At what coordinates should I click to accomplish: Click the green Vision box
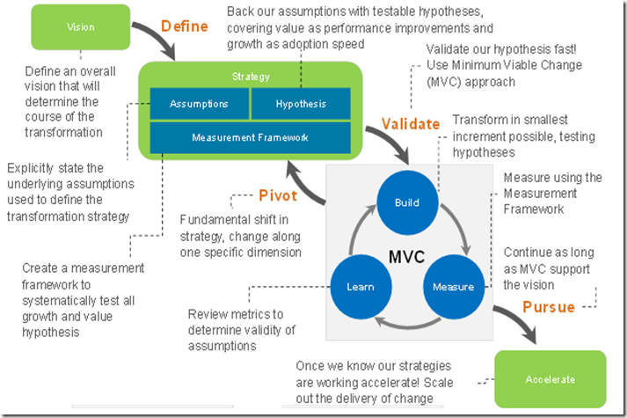(x=80, y=26)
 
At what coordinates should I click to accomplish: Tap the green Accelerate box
(x=550, y=379)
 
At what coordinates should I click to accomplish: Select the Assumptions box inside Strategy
(x=199, y=104)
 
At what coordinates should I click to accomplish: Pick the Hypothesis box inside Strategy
(x=301, y=104)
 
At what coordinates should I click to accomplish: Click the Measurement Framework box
(x=250, y=137)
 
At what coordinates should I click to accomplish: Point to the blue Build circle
(x=407, y=202)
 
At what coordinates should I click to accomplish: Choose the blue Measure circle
(x=454, y=286)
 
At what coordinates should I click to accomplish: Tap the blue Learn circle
(x=360, y=286)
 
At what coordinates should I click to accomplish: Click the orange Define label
(x=185, y=26)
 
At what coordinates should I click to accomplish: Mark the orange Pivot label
(x=276, y=195)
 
